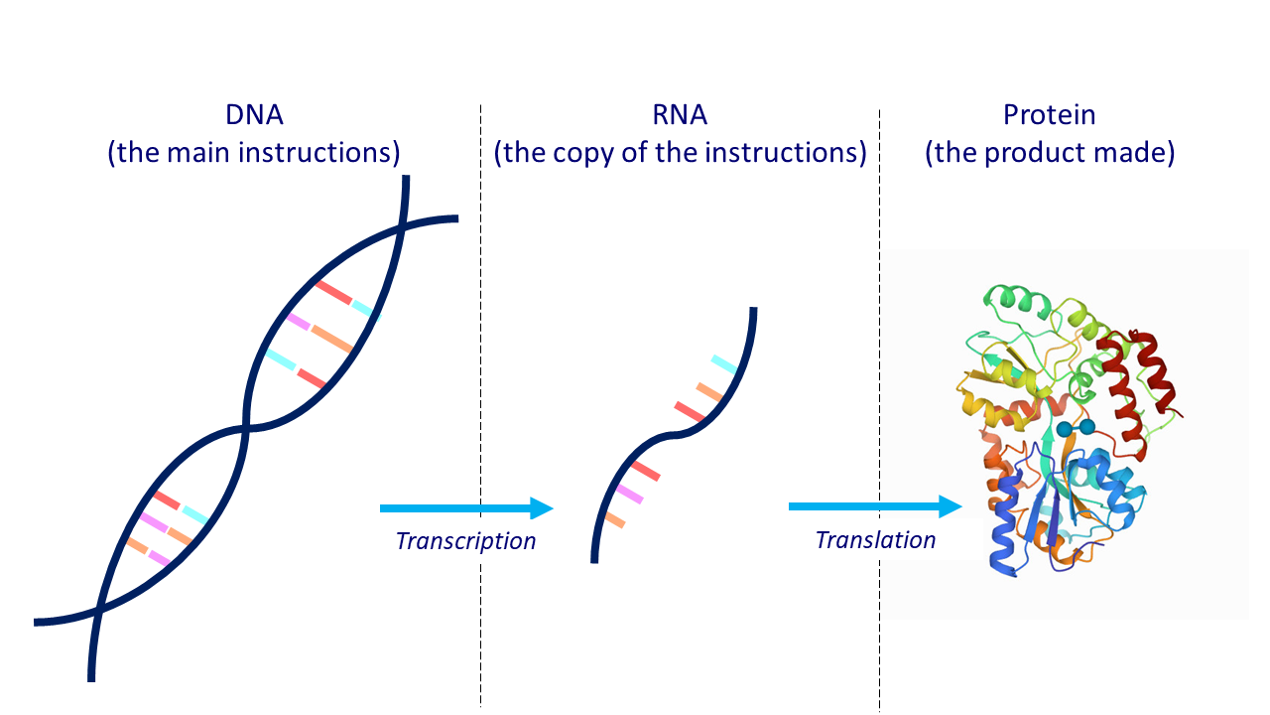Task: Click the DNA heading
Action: click(254, 114)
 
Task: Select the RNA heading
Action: click(680, 114)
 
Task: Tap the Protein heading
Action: click(1050, 114)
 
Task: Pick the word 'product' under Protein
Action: click(1034, 153)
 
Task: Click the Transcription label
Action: click(465, 541)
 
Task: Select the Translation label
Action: click(875, 539)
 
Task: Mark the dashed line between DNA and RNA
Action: click(481, 405)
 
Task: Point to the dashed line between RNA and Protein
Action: click(880, 411)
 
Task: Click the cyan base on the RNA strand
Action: click(724, 363)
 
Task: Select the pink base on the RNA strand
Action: click(630, 494)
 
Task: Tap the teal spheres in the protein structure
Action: click(1076, 428)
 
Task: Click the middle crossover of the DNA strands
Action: click(245, 428)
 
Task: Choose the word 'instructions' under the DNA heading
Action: click(317, 152)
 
